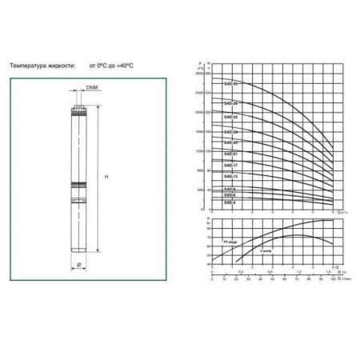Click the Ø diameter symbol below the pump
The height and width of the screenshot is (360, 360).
click(80, 262)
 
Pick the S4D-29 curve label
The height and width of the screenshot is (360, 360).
click(230, 130)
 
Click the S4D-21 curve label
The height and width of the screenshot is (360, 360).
click(230, 154)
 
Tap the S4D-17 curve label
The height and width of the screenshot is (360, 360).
click(230, 166)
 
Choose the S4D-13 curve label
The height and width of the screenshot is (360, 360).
click(230, 176)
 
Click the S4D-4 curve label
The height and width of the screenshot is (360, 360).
click(230, 202)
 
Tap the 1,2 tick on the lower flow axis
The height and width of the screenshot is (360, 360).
click(298, 272)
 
